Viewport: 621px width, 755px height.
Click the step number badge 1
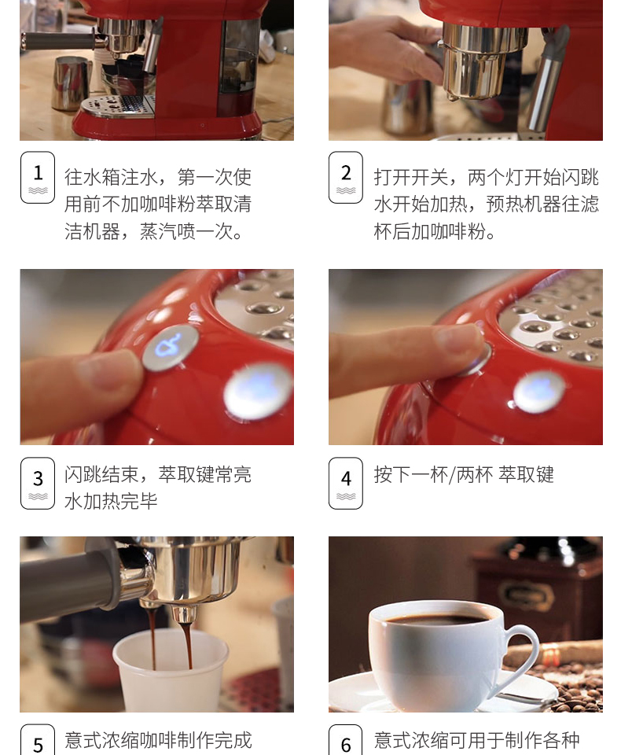(x=38, y=177)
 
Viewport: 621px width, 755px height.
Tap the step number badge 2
(x=346, y=177)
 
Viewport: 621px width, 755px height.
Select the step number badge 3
(x=38, y=483)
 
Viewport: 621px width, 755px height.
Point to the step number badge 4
(x=346, y=483)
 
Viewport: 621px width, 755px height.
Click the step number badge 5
(x=38, y=740)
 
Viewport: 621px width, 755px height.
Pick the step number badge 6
(x=346, y=740)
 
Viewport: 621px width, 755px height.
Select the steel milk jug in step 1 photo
(x=71, y=83)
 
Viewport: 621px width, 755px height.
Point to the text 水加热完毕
(x=111, y=501)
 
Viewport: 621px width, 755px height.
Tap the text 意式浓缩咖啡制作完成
(x=158, y=740)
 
